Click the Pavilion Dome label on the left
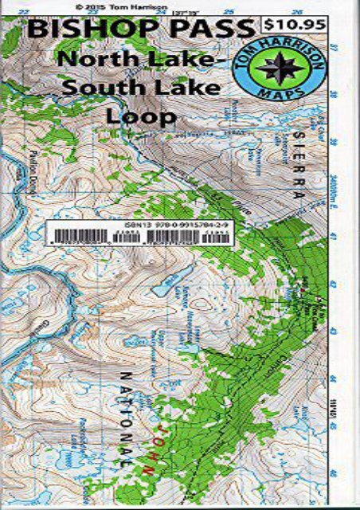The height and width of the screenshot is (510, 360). coord(34,167)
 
